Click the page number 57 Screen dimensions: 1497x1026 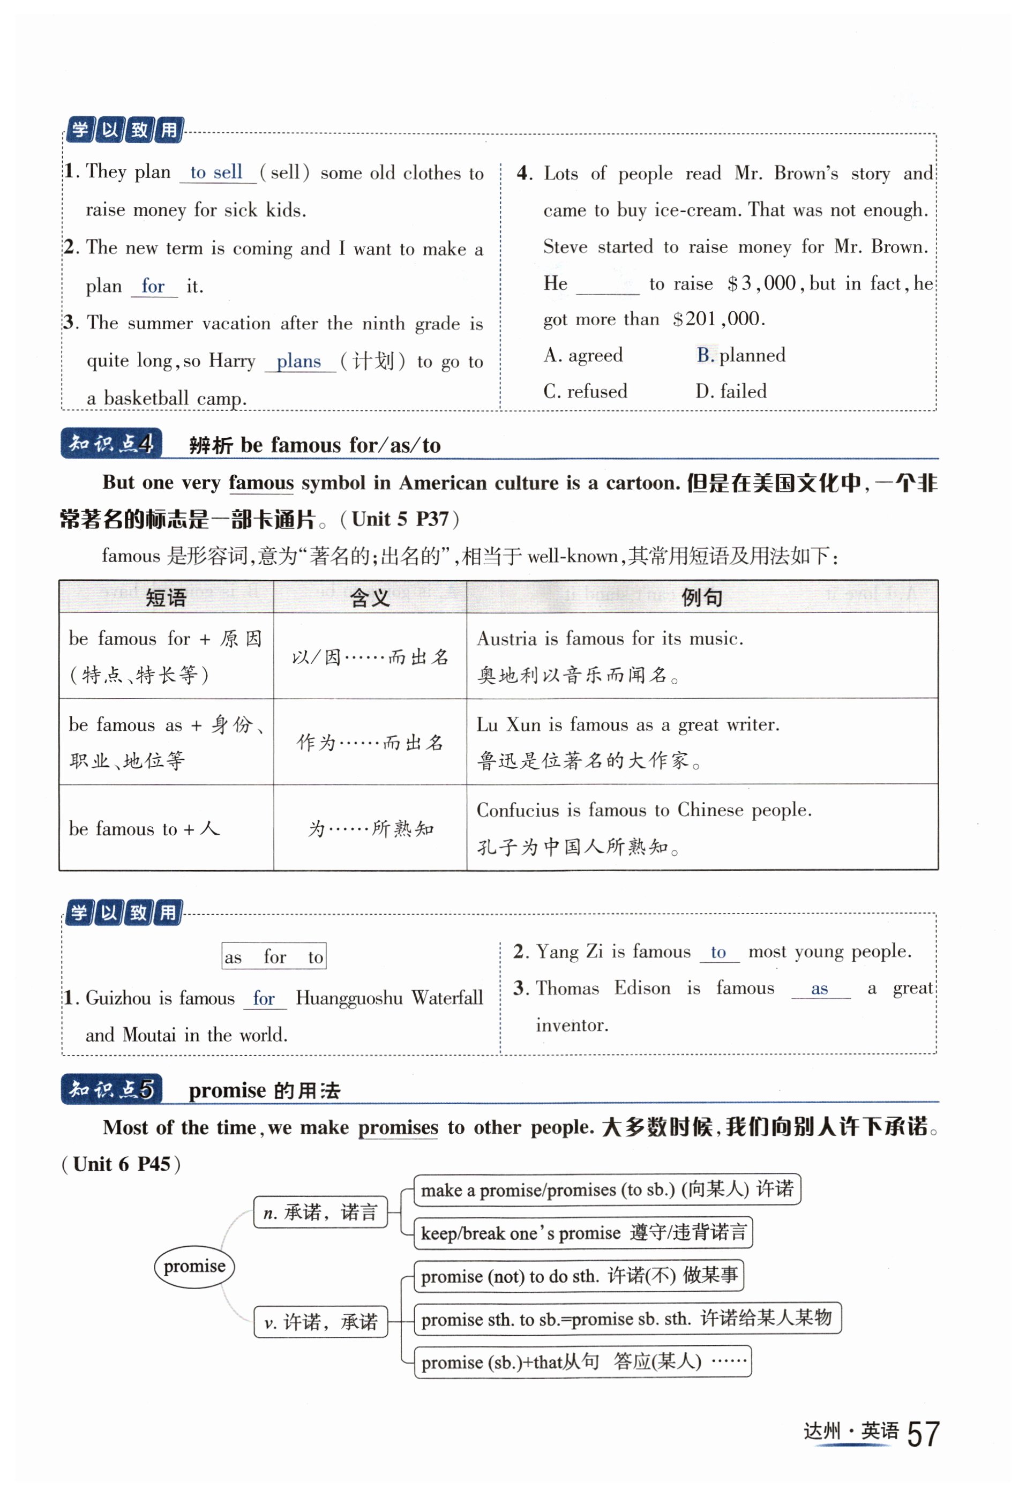point(923,1434)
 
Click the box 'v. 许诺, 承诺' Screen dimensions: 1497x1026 point(321,1322)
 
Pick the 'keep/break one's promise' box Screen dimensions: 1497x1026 point(583,1232)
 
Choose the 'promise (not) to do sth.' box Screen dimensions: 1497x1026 point(579,1275)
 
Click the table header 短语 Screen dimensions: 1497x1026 point(166,597)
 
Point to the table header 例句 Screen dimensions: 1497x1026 point(701,597)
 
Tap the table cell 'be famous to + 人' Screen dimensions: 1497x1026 point(144,828)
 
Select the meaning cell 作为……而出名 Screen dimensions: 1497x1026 point(370,742)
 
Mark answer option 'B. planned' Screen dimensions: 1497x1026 point(740,355)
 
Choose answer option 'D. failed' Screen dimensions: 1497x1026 point(731,391)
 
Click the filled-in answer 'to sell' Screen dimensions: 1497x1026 point(216,172)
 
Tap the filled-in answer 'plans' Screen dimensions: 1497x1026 point(299,361)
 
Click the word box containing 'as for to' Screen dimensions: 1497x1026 point(274,956)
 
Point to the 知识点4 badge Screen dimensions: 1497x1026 point(111,443)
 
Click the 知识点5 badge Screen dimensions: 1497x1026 point(111,1089)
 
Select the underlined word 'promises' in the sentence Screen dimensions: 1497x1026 point(398,1127)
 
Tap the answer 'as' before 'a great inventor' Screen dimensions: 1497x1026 point(819,989)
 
